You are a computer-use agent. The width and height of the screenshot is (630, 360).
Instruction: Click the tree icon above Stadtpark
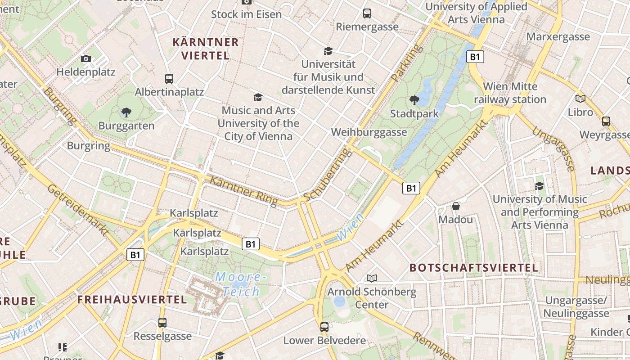(414, 100)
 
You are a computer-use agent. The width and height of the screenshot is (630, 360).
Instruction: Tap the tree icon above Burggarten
(126, 112)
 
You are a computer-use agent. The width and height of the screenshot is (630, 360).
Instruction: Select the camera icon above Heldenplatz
(86, 58)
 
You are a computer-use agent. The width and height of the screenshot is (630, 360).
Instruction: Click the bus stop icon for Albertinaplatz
(169, 79)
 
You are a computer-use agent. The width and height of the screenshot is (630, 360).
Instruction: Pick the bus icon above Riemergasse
(367, 13)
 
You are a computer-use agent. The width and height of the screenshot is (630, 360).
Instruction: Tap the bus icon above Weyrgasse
(606, 121)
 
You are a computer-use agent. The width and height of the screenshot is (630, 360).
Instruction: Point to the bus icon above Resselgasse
(162, 323)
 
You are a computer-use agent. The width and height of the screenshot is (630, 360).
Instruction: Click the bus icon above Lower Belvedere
(324, 327)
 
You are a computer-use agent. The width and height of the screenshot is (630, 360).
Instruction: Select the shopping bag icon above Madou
(456, 207)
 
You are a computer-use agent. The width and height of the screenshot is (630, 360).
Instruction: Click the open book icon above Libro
(580, 99)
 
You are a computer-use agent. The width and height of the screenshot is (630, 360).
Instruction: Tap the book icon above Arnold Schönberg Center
(371, 278)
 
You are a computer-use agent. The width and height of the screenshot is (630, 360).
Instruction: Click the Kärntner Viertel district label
(206, 49)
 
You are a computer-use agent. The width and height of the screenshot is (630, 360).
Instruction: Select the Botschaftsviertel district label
(473, 268)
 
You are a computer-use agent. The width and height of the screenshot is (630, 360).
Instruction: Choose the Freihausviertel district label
(131, 300)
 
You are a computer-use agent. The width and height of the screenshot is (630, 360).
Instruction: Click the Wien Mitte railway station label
(510, 93)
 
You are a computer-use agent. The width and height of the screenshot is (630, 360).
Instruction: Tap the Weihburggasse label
(369, 132)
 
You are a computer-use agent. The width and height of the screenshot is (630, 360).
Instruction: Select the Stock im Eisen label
(246, 14)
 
